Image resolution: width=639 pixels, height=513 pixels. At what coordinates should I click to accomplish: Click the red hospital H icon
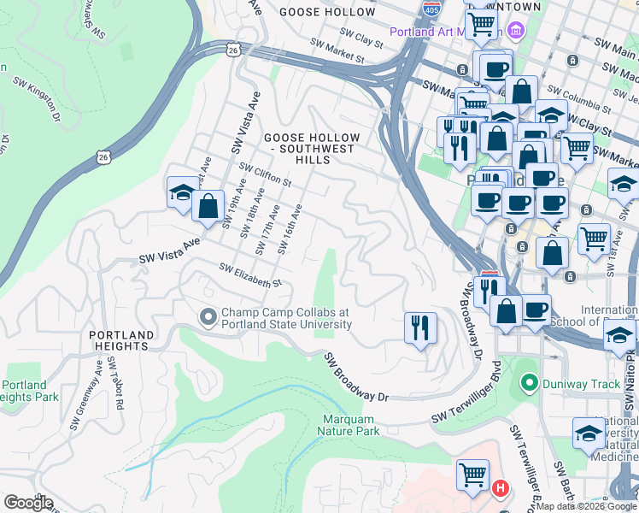pos(501,489)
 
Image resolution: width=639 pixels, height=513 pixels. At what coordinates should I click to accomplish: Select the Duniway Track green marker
pos(530,384)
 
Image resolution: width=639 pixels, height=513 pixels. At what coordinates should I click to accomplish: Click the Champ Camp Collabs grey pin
pos(208,318)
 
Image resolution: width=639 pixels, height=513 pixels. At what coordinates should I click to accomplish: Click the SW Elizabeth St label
pos(250,276)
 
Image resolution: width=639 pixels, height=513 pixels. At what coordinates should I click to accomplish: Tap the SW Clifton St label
pos(267,176)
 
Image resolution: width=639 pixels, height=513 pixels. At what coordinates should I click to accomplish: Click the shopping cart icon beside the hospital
pos(473,474)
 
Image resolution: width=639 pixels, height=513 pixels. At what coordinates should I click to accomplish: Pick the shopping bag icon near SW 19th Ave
pos(208,205)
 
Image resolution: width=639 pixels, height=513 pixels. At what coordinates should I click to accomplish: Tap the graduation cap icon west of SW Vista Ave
pos(183,193)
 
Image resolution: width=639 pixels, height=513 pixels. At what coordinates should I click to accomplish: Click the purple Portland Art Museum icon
pos(514,32)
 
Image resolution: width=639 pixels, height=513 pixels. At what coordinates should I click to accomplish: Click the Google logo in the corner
pos(28,503)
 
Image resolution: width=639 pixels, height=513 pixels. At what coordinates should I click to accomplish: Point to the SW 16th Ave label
pos(290,228)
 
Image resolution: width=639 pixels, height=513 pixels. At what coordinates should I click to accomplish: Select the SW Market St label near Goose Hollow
pos(337,51)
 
